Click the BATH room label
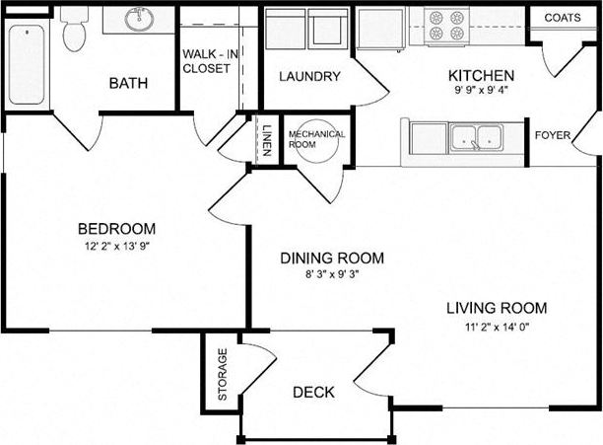128,83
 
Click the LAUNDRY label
309,77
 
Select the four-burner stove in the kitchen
446,27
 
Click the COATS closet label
562,18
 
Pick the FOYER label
552,135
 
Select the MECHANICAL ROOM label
316,138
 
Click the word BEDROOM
117,229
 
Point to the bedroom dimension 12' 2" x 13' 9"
117,247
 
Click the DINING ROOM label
332,259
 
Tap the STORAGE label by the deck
223,374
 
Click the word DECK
313,393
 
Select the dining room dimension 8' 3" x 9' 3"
332,276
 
